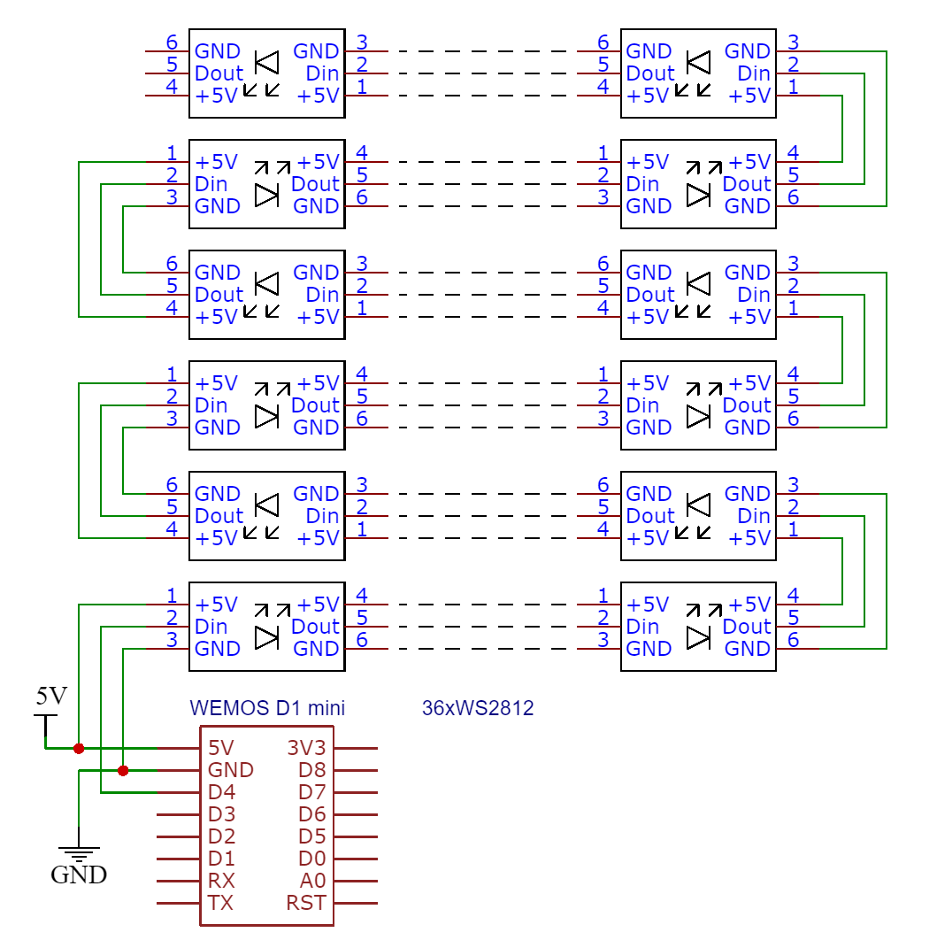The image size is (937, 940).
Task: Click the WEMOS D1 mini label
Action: [267, 708]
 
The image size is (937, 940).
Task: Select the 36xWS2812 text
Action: [478, 708]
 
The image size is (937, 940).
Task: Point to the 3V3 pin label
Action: [306, 748]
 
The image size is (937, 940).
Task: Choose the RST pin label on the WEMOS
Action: [306, 904]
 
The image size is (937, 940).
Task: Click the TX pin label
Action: [220, 904]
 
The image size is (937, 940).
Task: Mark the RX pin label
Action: [220, 882]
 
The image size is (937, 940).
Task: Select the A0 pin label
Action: [312, 882]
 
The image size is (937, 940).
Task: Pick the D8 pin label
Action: [312, 770]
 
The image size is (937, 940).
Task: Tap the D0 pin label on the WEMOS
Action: [312, 859]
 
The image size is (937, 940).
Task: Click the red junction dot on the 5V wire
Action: [79, 748]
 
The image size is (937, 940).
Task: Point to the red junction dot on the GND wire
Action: [123, 770]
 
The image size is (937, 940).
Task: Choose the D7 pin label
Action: [312, 792]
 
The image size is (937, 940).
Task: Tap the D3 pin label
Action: [221, 814]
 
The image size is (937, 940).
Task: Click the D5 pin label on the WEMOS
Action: [312, 836]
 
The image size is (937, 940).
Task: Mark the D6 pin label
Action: [312, 814]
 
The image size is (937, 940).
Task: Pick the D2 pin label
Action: [221, 836]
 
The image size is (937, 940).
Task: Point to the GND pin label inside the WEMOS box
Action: [230, 770]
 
